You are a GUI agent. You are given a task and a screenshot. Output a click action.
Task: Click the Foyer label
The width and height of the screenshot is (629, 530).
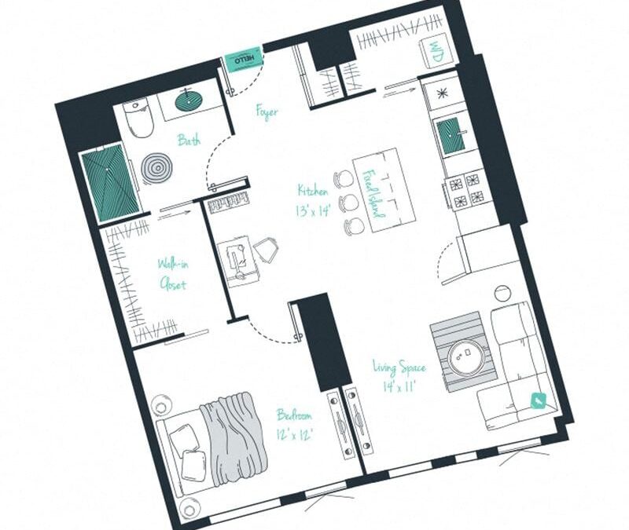coord(267,112)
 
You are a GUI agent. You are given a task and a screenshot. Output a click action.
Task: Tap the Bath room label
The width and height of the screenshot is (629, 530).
coord(188,141)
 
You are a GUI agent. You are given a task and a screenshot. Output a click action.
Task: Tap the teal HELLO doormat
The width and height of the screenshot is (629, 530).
coord(241,61)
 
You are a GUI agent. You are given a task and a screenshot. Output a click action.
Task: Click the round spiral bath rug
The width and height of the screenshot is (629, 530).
coord(156,167)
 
